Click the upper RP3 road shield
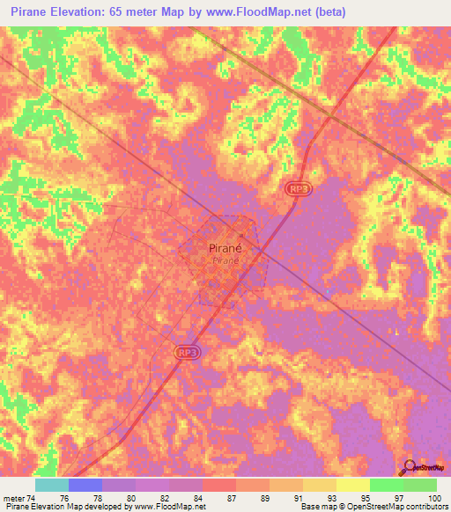(x=298, y=188)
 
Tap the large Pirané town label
(x=225, y=248)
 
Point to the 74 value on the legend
(x=32, y=497)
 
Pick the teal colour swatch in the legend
(x=52, y=485)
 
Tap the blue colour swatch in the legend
(x=85, y=485)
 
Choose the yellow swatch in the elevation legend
(x=352, y=485)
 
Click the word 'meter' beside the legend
(x=14, y=497)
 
